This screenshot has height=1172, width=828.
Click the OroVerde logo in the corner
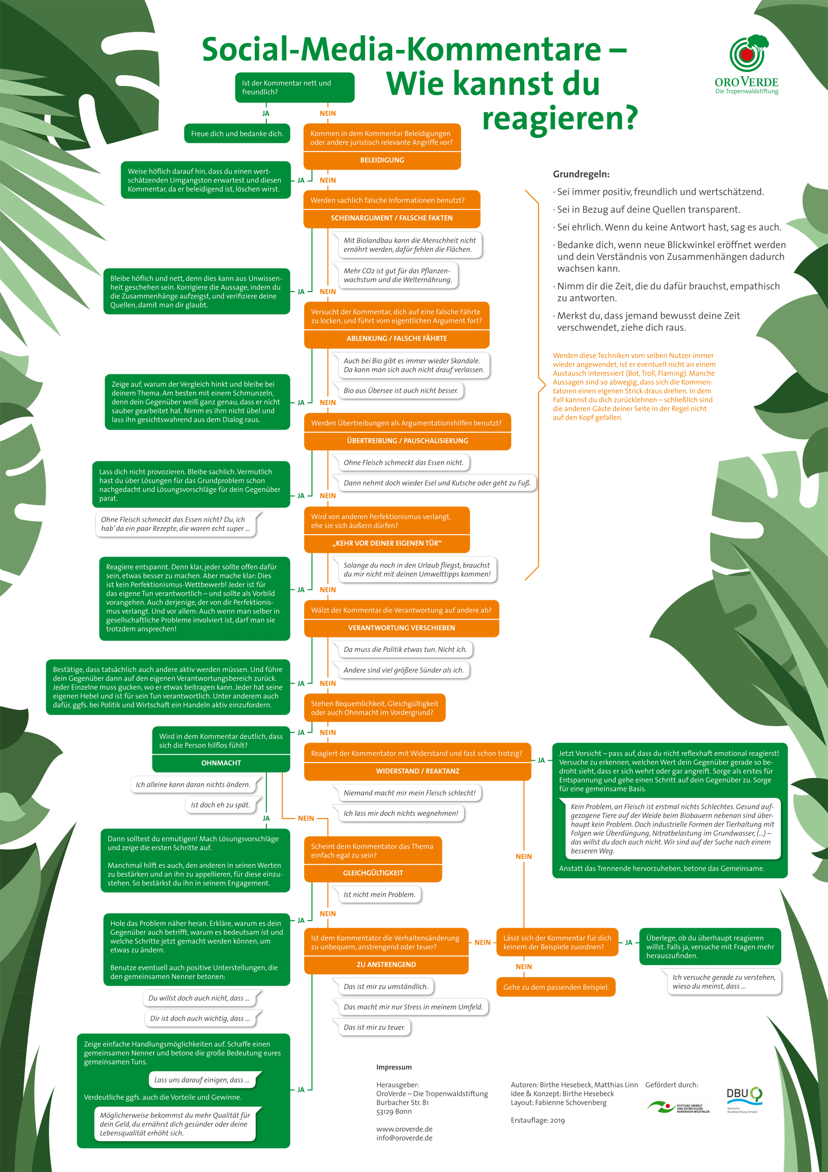(746, 64)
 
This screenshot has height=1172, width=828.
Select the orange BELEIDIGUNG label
(382, 160)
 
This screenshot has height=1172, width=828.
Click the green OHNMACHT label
(221, 763)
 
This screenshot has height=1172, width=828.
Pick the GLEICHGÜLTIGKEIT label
(373, 873)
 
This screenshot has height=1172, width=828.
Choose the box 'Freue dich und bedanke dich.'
(237, 134)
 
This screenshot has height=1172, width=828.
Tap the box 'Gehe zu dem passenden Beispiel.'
(556, 987)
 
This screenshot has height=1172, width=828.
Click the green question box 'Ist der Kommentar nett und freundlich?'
(294, 87)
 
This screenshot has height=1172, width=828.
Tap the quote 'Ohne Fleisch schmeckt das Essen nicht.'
(403, 463)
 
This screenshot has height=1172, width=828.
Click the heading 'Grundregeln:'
(581, 174)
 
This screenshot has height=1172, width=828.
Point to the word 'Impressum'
(394, 1067)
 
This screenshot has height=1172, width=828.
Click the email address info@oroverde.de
(404, 1138)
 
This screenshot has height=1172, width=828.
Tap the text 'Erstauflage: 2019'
(538, 1121)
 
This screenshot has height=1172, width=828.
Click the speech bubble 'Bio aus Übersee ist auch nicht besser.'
(401, 391)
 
